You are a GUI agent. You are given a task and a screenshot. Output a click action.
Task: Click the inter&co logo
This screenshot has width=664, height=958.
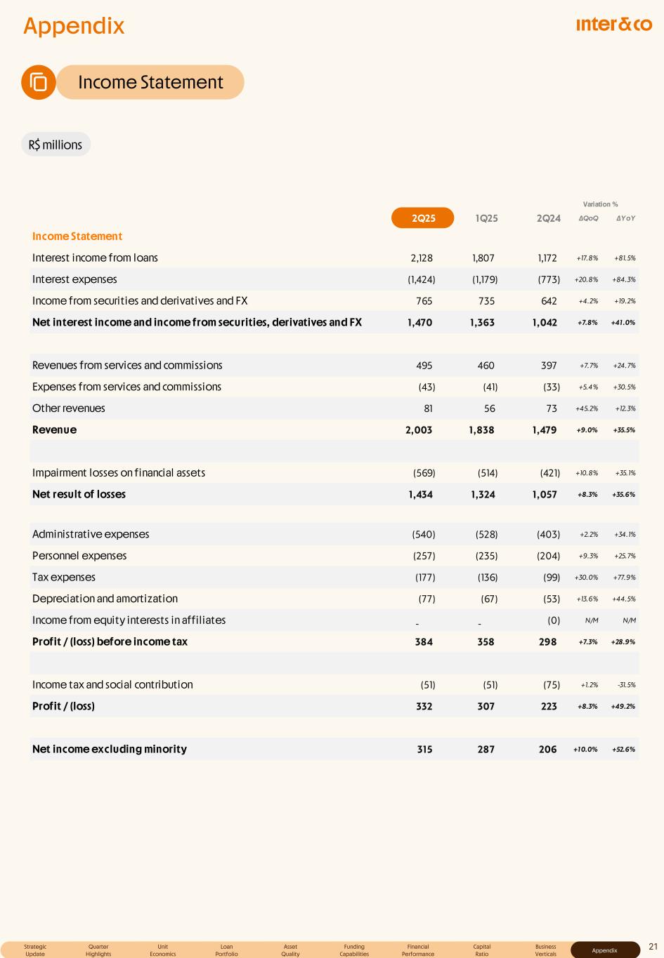point(613,25)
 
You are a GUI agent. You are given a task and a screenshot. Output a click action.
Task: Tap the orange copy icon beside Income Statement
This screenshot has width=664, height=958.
point(39,82)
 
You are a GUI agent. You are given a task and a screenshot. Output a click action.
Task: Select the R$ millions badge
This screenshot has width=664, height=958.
point(56,145)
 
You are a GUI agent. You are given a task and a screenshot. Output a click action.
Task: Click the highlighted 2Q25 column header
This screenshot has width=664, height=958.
point(423,218)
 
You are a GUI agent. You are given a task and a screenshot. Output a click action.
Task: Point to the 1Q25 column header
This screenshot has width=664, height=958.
point(486,218)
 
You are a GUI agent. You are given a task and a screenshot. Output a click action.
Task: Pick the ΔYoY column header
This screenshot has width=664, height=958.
point(625,218)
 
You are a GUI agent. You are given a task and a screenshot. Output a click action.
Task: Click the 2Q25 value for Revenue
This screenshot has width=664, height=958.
point(419,430)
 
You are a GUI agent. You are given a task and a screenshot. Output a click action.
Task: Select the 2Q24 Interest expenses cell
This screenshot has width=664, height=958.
point(548,279)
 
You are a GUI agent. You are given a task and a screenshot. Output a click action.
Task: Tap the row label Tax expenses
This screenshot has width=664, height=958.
point(64,577)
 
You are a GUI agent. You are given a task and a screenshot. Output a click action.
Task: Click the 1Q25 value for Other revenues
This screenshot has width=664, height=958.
point(489,408)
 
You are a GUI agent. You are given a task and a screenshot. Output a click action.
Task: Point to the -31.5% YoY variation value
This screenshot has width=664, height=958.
point(625,685)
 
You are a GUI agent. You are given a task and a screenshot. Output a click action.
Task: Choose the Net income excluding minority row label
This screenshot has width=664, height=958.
point(110,749)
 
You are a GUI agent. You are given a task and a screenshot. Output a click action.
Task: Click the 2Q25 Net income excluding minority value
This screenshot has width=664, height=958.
point(424,749)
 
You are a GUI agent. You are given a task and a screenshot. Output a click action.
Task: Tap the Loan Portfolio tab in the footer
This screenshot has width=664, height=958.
point(226,950)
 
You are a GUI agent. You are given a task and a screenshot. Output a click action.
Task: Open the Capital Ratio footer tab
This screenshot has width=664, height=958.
point(482,950)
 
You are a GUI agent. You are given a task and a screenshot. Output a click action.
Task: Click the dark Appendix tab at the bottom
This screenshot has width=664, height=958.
point(604,950)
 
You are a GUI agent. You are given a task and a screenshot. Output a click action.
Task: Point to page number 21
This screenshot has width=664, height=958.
point(653,947)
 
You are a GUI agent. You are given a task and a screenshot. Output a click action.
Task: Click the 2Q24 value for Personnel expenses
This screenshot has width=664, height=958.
point(548,556)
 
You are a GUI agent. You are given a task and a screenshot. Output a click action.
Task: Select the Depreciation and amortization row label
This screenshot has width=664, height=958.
point(105,599)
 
